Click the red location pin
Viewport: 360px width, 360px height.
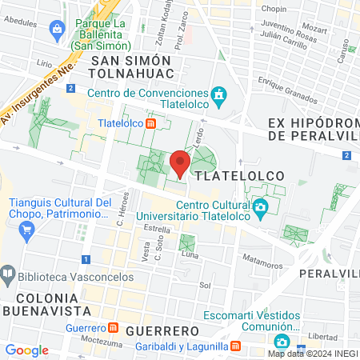coord(180,163)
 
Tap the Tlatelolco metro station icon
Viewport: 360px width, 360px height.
coord(150,123)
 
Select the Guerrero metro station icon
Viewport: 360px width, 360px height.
coord(113,328)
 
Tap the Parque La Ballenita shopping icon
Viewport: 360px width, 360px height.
coord(57,31)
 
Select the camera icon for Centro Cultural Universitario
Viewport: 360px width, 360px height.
coord(260,209)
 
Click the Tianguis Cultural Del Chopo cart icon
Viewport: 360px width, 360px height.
coord(27,230)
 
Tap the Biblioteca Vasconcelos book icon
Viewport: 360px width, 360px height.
coord(7,272)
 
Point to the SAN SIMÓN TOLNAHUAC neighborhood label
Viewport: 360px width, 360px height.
coord(131,67)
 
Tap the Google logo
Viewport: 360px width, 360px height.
coord(26,350)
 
